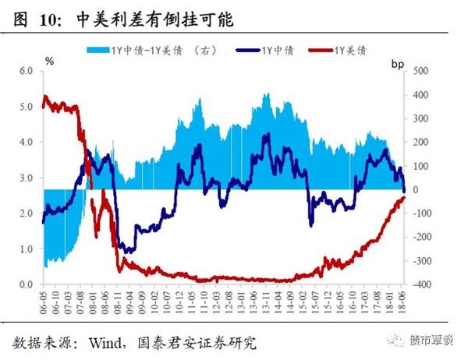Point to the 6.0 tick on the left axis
[x=26, y=71]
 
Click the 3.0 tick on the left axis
[x=26, y=178]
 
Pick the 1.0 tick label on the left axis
[x=26, y=249]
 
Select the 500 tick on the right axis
[x=420, y=71]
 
